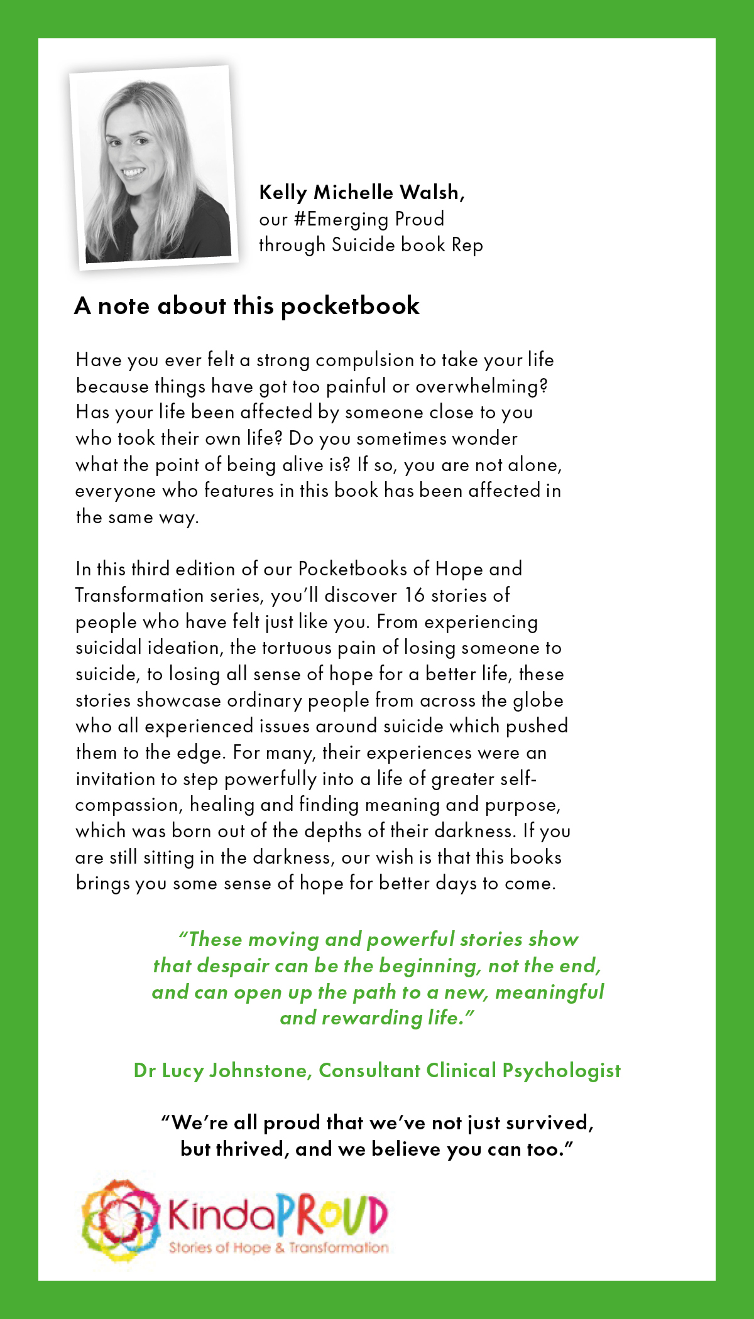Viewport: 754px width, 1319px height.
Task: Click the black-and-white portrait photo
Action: tap(153, 168)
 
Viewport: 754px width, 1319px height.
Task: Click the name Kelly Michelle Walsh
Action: tap(361, 192)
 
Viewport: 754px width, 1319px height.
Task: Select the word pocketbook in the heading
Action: tap(350, 306)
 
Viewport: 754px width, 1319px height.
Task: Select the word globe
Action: tap(535, 700)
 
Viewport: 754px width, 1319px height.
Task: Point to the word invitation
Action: tap(115, 779)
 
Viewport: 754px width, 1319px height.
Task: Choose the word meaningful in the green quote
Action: tap(549, 992)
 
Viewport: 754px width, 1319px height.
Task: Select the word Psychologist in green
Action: tap(561, 1071)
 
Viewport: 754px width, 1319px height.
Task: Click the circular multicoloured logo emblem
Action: tap(120, 1221)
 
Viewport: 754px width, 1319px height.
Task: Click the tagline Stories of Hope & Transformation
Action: tap(278, 1247)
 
